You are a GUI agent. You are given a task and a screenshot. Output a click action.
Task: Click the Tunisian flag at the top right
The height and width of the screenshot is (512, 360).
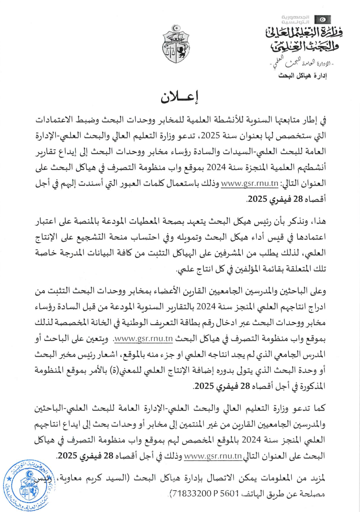(322, 20)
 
